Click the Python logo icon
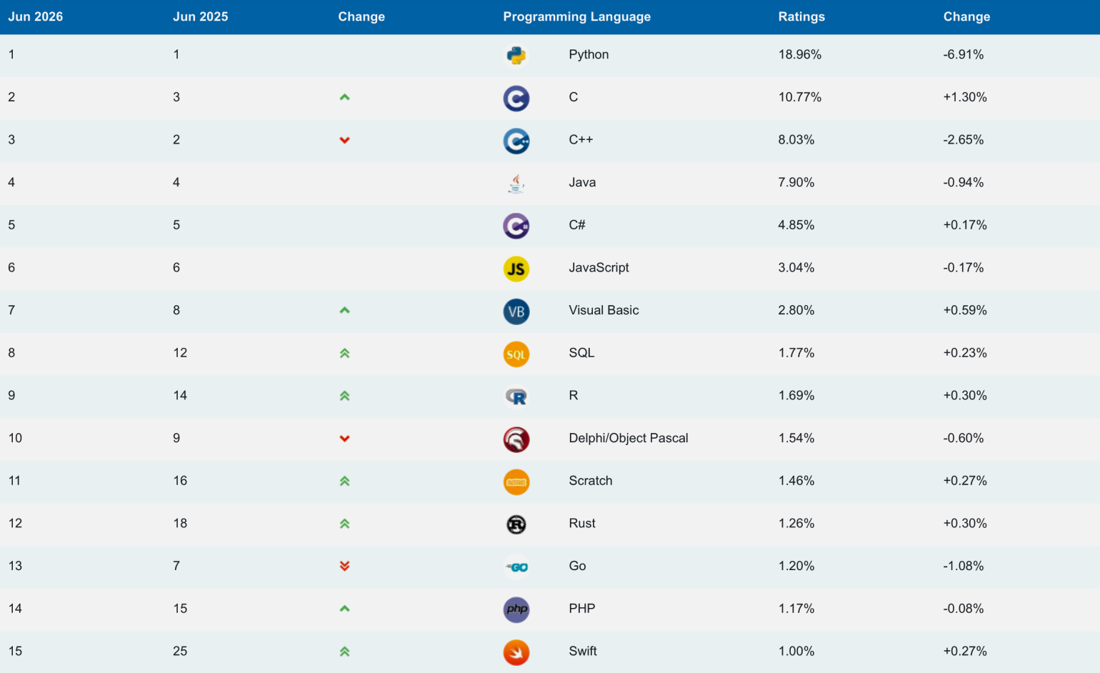516,55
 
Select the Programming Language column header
576,16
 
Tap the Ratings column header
801,16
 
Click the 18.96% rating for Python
799,54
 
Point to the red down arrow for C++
345,141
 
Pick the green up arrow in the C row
345,97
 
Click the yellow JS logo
516,269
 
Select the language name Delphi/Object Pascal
628,438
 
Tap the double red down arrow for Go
345,566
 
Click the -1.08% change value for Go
963,566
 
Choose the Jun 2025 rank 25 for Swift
180,652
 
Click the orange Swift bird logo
516,652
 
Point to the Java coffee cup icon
516,184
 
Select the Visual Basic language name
604,311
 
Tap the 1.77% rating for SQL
796,353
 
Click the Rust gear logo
516,524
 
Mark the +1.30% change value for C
965,97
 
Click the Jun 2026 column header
36,16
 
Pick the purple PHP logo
516,609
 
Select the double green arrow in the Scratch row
345,481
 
